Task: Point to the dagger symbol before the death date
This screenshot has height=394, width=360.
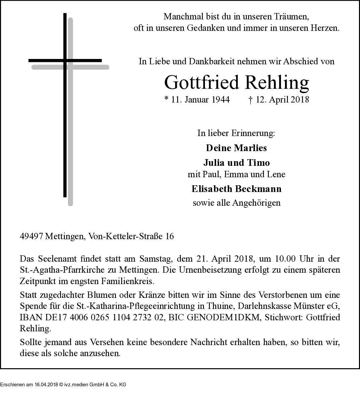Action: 250,100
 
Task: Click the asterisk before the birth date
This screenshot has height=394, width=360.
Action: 166,99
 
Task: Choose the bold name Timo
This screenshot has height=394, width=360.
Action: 258,163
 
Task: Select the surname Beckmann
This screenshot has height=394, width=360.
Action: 263,189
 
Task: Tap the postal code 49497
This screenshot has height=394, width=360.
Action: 31,236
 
